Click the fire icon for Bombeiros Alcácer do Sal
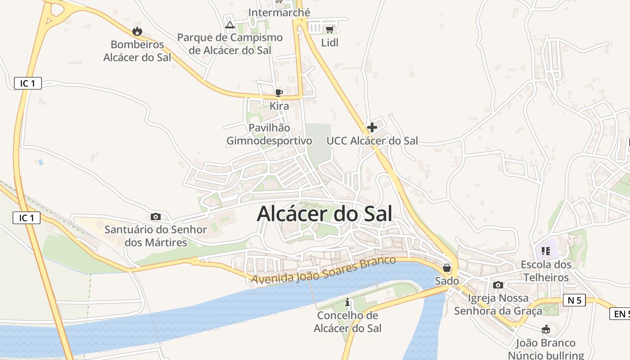click(137, 31)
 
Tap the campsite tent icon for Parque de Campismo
click(230, 25)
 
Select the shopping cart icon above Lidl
click(329, 30)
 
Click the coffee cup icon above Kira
click(279, 93)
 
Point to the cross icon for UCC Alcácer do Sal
click(372, 127)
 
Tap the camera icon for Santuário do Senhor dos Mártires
click(156, 216)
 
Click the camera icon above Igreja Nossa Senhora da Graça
click(498, 285)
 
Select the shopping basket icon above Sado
click(447, 268)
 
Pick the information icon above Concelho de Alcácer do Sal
click(347, 302)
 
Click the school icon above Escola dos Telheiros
click(546, 251)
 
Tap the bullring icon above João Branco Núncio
click(546, 329)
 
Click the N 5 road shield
click(574, 301)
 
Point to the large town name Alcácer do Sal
click(324, 214)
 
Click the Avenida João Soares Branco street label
click(324, 270)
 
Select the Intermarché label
click(279, 13)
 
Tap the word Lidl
click(329, 43)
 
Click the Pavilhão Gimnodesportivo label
click(269, 134)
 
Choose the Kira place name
click(279, 106)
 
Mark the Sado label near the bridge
click(447, 281)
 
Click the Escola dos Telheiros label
click(546, 271)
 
